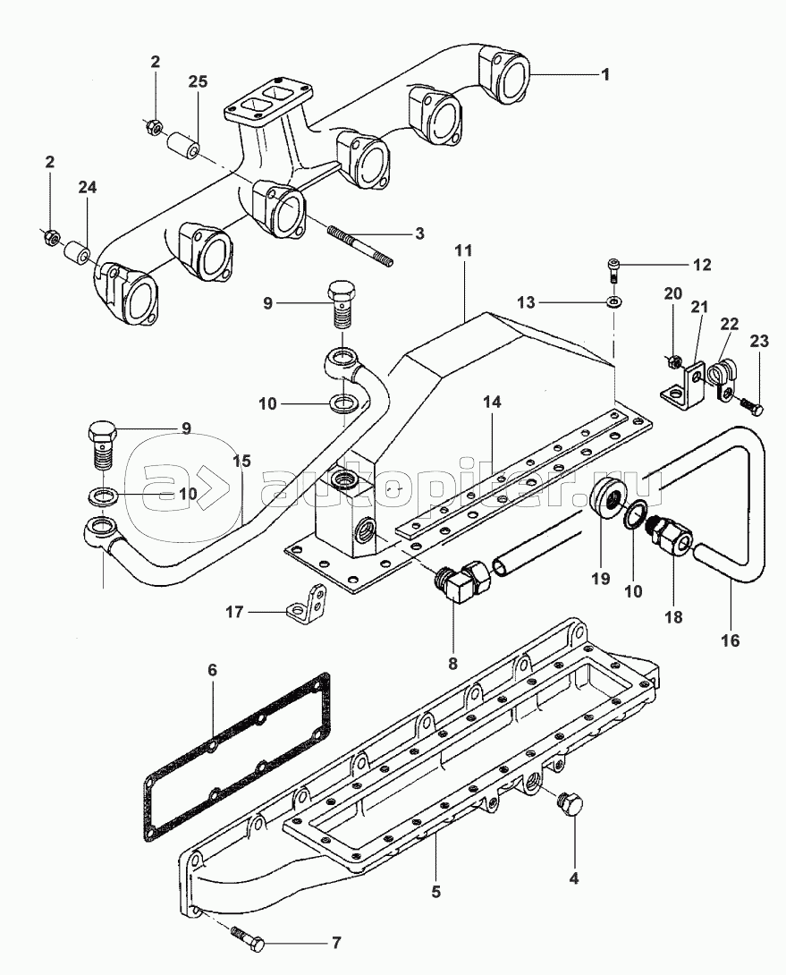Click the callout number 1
(x=605, y=75)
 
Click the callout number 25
(x=198, y=81)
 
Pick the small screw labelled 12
(x=613, y=266)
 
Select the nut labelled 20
(x=677, y=362)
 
